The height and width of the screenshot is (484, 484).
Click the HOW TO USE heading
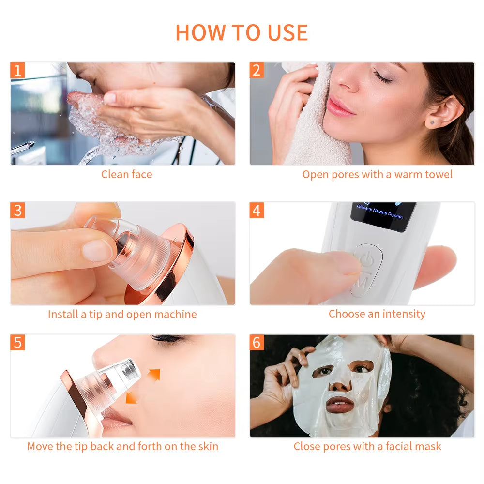point(242,32)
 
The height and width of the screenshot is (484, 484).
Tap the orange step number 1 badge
point(18,71)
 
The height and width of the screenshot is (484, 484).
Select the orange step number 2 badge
point(257,71)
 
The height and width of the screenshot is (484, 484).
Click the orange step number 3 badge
point(18,211)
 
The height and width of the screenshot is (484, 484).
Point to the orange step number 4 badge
point(257,211)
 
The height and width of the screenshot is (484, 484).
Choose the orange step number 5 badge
point(18,342)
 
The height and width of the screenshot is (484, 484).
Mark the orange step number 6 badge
point(257,342)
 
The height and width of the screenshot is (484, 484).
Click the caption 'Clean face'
point(126,174)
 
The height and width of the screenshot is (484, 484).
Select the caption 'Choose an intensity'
point(377,314)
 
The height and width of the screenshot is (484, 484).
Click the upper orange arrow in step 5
point(153,375)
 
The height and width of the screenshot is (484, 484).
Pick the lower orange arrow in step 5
point(131,397)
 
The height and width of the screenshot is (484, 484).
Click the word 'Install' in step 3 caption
point(63,314)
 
